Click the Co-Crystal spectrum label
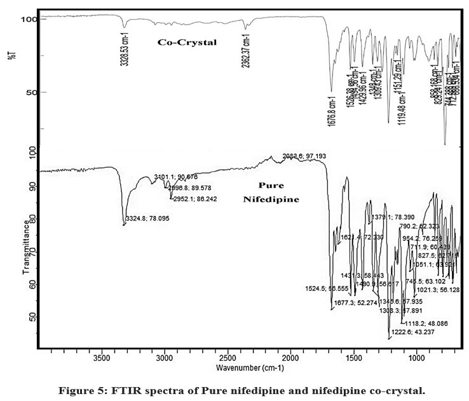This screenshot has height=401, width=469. pyautogui.click(x=187, y=43)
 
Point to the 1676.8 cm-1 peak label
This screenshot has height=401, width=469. pyautogui.click(x=331, y=112)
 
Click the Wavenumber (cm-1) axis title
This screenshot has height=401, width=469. pyautogui.click(x=250, y=367)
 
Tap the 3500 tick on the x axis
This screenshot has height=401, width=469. pyautogui.click(x=102, y=357)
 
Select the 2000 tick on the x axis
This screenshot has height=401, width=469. pyautogui.click(x=290, y=357)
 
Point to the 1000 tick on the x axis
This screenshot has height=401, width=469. pyautogui.click(x=416, y=357)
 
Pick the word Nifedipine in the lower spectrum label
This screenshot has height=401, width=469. pyautogui.click(x=270, y=199)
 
